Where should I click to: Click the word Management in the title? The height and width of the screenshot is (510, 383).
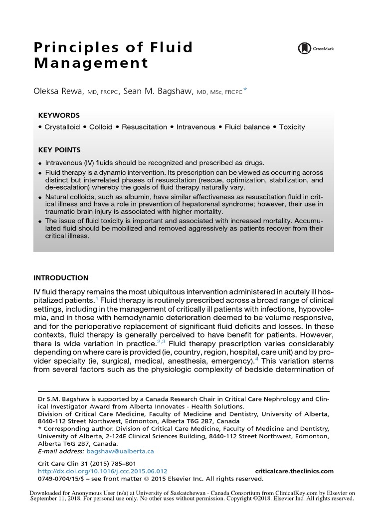click(x=91, y=64)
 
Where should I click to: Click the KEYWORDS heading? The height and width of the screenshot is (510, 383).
click(x=59, y=115)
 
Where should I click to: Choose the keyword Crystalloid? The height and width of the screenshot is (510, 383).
click(x=62, y=127)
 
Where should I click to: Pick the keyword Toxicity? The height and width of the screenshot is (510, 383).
click(x=292, y=127)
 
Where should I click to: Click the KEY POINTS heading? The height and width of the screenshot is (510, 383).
click(x=59, y=150)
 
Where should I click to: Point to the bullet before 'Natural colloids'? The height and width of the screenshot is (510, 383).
click(x=40, y=198)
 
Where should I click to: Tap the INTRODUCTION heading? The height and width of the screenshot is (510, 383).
click(x=61, y=278)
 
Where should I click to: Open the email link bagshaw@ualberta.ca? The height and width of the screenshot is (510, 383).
click(x=120, y=451)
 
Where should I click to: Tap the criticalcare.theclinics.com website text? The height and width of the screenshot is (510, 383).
click(x=294, y=471)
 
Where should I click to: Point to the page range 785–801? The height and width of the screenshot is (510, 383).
click(x=123, y=463)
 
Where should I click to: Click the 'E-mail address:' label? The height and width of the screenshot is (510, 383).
click(x=61, y=451)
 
